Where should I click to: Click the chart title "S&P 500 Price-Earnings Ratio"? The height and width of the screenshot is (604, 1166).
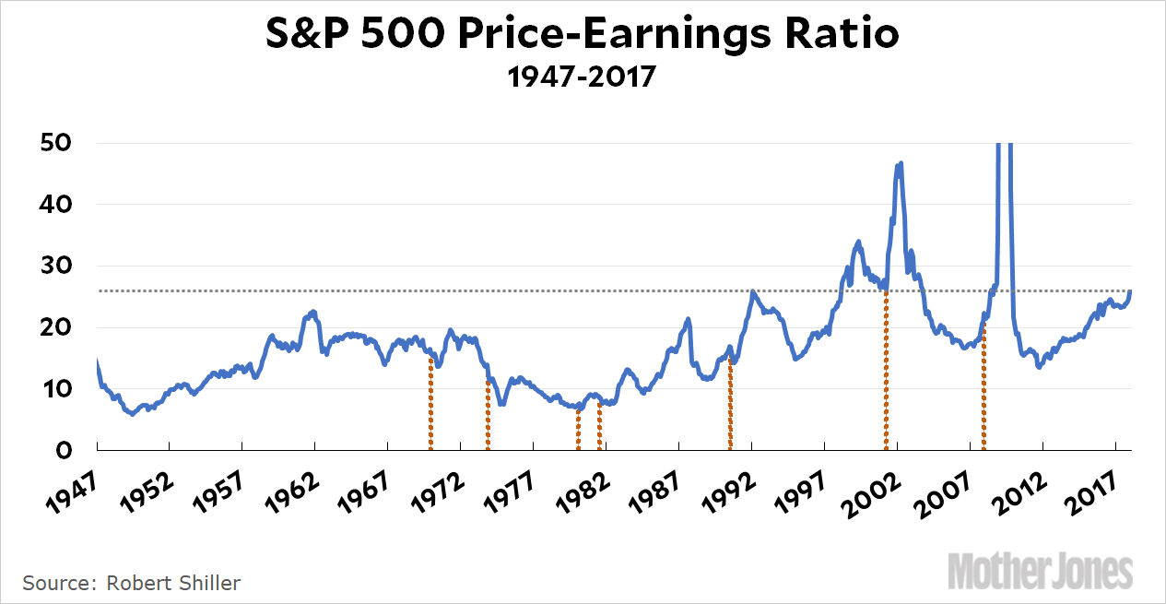583,36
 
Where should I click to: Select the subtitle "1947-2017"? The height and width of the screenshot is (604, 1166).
583,77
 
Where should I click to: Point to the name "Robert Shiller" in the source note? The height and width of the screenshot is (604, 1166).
173,583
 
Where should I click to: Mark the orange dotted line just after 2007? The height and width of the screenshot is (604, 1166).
983,387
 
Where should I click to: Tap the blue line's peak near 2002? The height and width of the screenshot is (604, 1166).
900,163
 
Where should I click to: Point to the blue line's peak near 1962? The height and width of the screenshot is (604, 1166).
313,312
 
